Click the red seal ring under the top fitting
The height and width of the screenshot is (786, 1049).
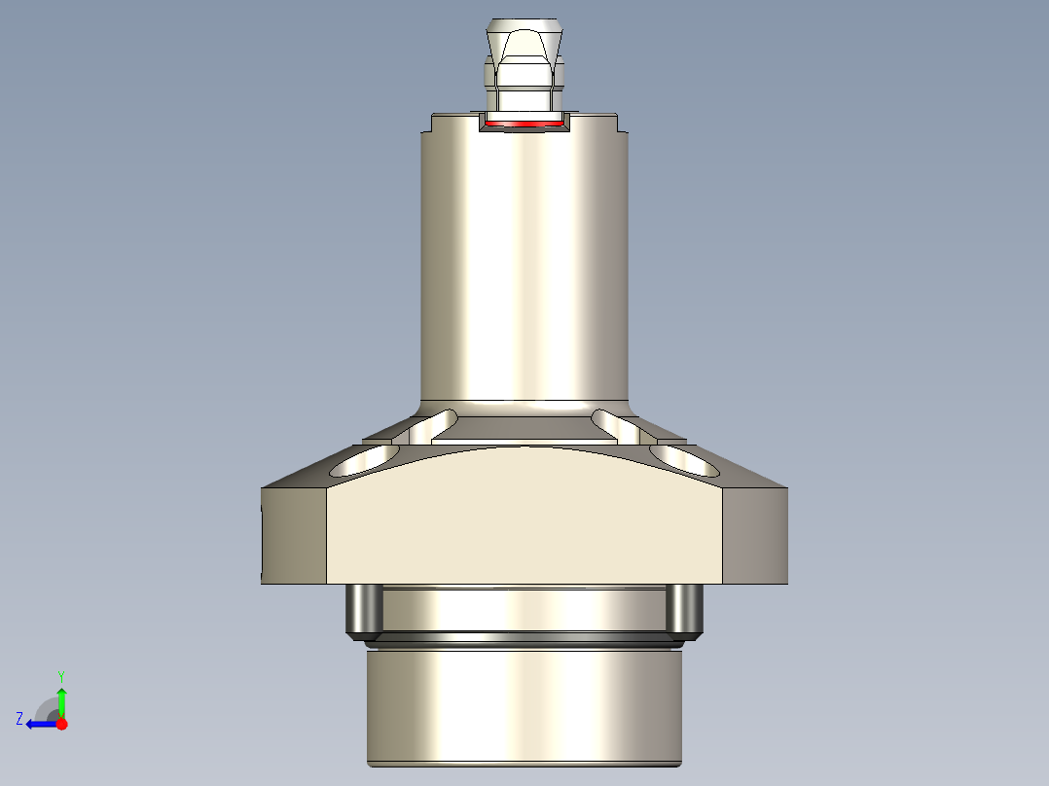coord(524,125)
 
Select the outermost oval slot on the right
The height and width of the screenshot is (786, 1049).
coord(684,460)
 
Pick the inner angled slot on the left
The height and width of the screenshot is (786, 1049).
coord(433,425)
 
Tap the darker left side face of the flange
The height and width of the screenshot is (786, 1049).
coord(293,535)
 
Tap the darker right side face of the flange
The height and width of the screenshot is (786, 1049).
coord(756,535)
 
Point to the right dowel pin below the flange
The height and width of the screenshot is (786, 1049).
coord(684,610)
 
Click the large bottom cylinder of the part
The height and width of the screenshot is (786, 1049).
coord(524,705)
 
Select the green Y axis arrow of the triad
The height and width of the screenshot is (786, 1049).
coord(61,698)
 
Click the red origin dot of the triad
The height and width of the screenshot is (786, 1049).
coord(61,724)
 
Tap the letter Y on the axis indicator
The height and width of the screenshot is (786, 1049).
coord(61,675)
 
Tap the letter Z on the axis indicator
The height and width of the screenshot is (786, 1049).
coord(19,719)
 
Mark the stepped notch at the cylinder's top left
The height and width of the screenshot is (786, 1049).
coord(429,125)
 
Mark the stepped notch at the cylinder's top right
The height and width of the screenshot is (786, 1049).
coord(619,125)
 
